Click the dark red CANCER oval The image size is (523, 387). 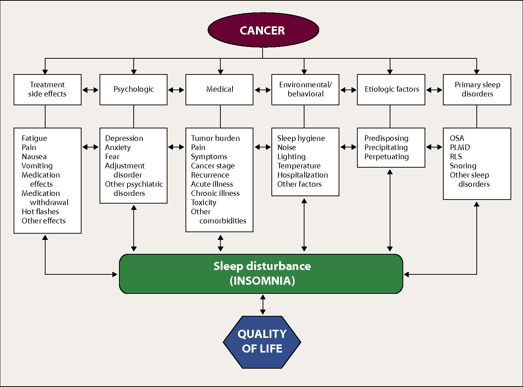(263, 30)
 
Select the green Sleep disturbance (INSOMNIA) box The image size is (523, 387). (261, 274)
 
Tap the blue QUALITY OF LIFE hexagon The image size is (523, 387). (262, 342)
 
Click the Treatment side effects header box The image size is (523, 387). (47, 90)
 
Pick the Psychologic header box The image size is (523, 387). (133, 90)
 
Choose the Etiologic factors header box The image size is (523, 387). (391, 90)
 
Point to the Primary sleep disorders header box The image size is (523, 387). (477, 90)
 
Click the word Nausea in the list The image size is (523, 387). (34, 157)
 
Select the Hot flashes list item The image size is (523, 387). (40, 212)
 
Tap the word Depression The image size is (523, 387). (124, 138)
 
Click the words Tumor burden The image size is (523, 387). (215, 138)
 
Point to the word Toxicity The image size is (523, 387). (203, 202)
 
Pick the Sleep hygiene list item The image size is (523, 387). (301, 138)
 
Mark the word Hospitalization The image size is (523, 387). (302, 175)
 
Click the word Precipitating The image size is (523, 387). (386, 147)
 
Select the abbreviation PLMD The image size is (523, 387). (460, 147)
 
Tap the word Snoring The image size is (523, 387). (463, 166)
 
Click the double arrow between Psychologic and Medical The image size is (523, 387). (176, 90)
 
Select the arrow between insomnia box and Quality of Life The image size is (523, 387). (263, 304)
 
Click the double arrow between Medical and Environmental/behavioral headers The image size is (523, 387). (263, 90)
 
